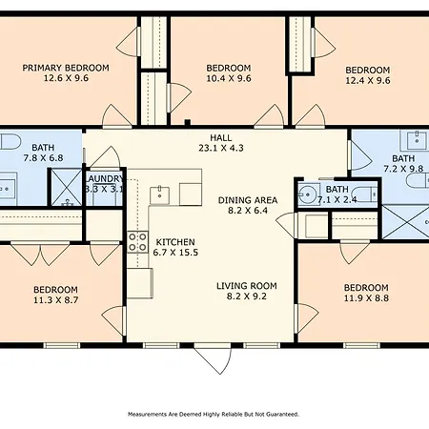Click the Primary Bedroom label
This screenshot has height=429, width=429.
[x=66, y=68]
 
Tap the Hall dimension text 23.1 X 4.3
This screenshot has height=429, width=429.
[x=221, y=148]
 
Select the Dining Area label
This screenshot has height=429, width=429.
[x=248, y=200]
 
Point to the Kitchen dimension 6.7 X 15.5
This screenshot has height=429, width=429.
[x=175, y=253]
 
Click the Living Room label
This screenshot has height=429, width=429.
[x=247, y=286]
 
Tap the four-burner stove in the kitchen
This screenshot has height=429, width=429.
[x=137, y=242]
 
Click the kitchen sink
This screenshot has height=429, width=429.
[x=159, y=195]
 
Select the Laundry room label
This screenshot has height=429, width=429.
[x=104, y=179]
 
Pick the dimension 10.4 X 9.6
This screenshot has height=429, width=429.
[x=229, y=78]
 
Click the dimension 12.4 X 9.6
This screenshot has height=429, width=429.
[x=368, y=80]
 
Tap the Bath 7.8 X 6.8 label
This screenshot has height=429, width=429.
[x=43, y=153]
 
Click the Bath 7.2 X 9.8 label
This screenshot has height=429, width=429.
[x=403, y=163]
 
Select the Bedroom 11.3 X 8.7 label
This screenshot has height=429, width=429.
[x=56, y=295]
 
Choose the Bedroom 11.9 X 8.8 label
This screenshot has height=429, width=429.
[x=366, y=293]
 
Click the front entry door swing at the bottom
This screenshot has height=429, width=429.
[x=213, y=359]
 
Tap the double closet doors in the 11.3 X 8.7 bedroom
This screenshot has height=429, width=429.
[x=40, y=254]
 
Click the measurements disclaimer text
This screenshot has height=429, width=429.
[x=214, y=415]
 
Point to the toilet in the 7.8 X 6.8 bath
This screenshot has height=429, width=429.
[x=9, y=142]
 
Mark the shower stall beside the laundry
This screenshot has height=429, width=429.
[x=67, y=188]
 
